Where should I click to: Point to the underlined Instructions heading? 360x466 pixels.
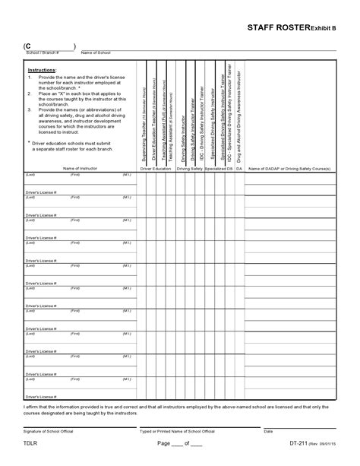(42, 69)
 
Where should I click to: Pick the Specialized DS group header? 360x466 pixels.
(218, 168)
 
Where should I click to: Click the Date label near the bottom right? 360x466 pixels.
(268, 431)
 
